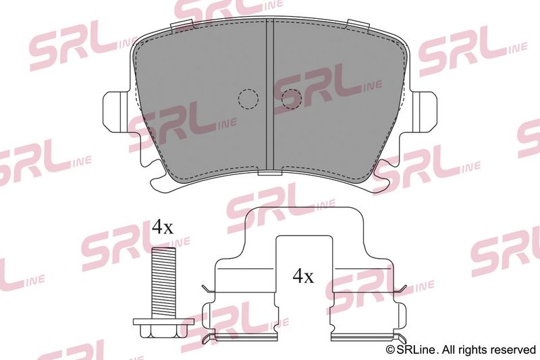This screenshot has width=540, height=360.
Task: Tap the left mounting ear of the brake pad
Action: [116, 111]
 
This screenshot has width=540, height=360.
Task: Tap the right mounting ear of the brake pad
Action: [425, 111]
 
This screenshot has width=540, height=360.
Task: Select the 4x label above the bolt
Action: [163, 227]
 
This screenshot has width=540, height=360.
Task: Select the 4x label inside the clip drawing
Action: [303, 276]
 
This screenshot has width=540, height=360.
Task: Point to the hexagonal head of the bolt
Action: [163, 332]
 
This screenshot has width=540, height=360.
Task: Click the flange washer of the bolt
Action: [163, 322]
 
